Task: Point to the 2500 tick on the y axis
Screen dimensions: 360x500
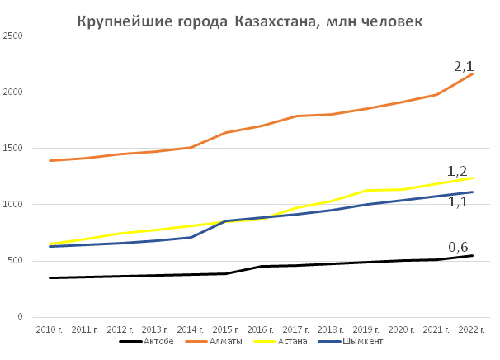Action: (12, 36)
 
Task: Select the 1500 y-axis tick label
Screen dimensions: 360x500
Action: (12, 149)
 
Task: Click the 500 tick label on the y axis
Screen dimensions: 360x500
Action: (14, 261)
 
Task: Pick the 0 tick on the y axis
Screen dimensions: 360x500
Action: (19, 317)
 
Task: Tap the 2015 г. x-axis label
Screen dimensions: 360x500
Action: (225, 329)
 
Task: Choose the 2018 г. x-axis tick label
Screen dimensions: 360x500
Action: (331, 329)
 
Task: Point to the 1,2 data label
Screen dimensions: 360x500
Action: (458, 171)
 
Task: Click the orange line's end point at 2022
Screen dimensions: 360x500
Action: (472, 74)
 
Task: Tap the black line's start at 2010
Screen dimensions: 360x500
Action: (50, 277)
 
